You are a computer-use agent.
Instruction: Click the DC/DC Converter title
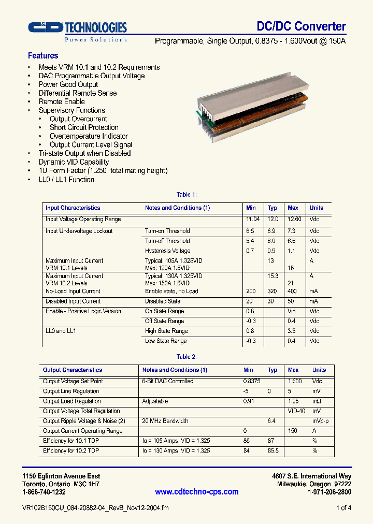(x=301, y=26)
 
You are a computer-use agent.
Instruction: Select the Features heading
(x=43, y=56)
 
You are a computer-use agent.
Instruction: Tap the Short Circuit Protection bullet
(x=84, y=127)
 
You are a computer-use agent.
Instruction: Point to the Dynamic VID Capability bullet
(x=74, y=162)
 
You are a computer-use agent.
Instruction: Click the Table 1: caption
(x=187, y=195)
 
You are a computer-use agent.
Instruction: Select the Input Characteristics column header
(x=73, y=208)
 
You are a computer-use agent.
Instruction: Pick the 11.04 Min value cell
(x=252, y=220)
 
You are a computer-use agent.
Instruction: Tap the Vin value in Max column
(x=292, y=312)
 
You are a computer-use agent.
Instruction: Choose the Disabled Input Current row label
(x=73, y=301)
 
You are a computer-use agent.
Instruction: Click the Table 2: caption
(x=187, y=357)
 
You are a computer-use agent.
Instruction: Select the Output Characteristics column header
(x=73, y=370)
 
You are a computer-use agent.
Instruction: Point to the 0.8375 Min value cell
(x=252, y=381)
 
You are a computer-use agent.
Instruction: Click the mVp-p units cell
(x=320, y=421)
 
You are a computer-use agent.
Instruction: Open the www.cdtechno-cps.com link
(x=197, y=492)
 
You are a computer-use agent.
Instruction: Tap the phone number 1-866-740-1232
(x=44, y=492)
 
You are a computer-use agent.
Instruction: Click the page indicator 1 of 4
(x=343, y=508)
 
